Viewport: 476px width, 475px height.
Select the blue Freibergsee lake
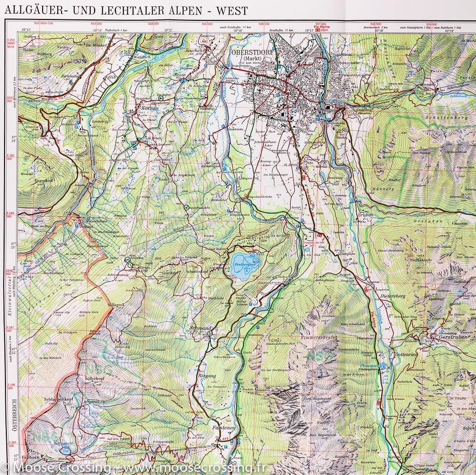tap(245, 265)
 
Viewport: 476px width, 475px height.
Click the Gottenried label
tap(406, 353)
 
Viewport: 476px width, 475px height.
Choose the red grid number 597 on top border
tap(321, 24)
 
